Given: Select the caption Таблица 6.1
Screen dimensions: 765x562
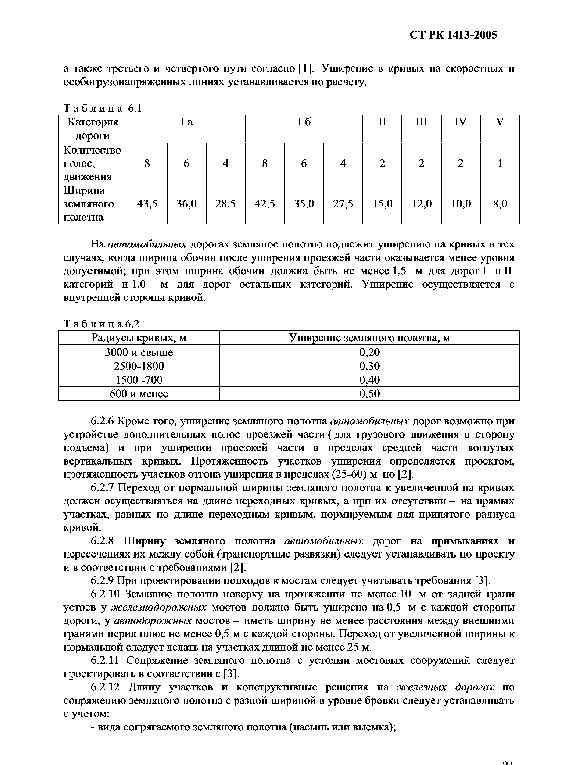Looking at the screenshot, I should point(102,108).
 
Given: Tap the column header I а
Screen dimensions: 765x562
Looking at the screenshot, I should point(186,122).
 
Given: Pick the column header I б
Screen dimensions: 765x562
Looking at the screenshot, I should point(304,122).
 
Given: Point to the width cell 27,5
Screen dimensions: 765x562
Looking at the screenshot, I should point(343,204).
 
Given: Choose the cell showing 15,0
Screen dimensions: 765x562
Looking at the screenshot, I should point(382,204).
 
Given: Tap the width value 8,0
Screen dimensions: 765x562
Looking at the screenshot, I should point(500,204).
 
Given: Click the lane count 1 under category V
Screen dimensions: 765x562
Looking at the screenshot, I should point(500,163).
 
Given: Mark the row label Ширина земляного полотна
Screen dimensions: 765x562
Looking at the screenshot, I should point(89,204).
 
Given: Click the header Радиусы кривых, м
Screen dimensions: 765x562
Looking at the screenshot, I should point(139,338).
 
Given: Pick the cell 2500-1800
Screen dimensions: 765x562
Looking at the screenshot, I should point(139,366).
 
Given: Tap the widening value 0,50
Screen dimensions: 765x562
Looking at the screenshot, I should point(369,394).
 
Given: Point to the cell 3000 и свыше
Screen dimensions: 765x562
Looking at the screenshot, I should point(139,352).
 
